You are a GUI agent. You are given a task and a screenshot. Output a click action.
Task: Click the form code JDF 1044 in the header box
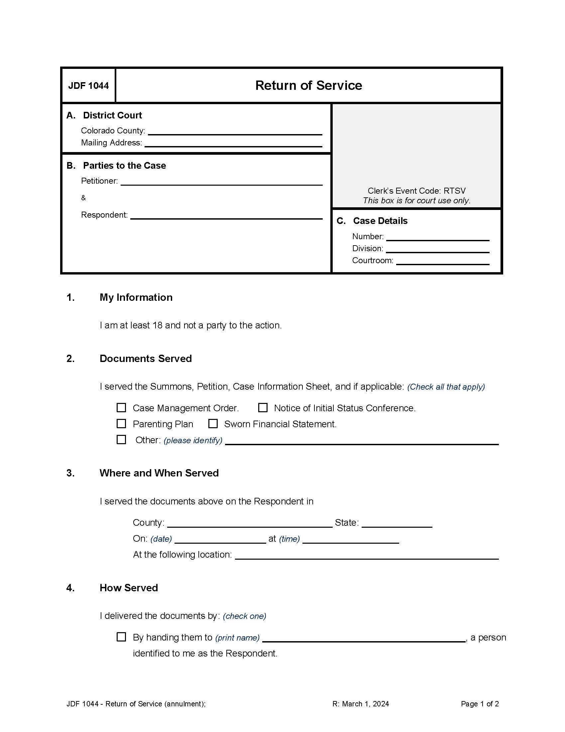88,86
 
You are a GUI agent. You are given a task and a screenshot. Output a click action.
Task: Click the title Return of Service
308,86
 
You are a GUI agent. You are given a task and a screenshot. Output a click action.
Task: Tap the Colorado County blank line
235,131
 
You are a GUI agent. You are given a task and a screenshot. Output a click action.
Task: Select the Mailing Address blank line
233,143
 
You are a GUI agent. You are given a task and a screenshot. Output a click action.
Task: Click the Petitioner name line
221,182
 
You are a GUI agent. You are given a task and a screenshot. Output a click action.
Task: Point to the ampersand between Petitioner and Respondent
83,198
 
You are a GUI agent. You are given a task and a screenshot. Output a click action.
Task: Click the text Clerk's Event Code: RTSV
416,191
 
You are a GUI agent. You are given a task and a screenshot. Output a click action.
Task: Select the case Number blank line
437,237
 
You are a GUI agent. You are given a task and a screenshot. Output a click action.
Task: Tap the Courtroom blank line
442,262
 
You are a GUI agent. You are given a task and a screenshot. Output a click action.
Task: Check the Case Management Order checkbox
121,408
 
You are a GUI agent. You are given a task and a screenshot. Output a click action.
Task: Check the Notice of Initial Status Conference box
263,408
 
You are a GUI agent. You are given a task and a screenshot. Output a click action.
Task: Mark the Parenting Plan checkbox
121,424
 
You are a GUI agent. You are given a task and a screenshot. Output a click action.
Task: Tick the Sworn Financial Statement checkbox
213,424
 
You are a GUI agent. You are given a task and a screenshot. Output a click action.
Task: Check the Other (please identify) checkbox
121,440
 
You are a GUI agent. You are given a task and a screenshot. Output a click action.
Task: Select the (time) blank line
350,540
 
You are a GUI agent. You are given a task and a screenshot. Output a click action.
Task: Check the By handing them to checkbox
121,637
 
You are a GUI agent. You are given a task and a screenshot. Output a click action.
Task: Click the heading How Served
129,588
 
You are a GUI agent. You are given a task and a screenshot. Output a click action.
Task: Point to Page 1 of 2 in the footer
480,704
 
